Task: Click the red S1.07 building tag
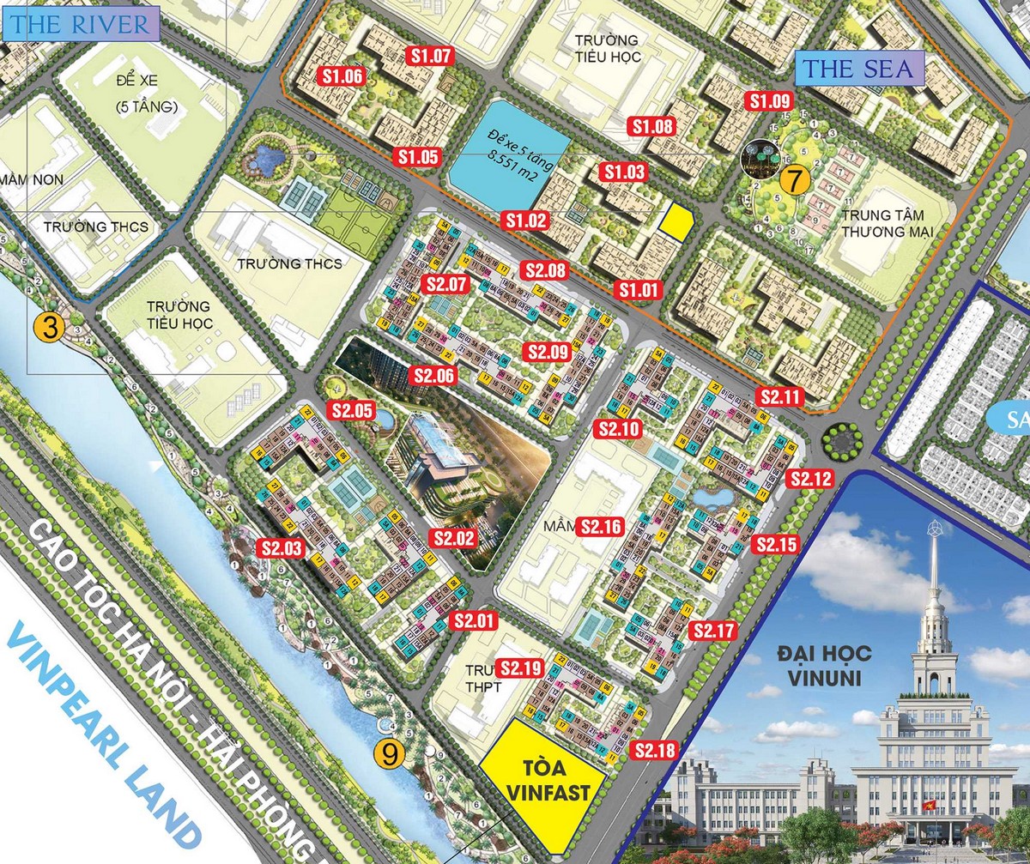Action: point(430,57)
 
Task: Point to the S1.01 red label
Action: point(638,290)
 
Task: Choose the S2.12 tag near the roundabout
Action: point(810,480)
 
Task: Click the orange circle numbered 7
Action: point(795,180)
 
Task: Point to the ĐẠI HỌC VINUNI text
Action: point(825,666)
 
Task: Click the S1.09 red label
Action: point(769,100)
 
